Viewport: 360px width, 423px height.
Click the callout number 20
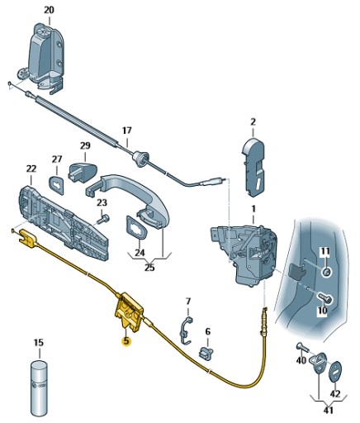coord(49,10)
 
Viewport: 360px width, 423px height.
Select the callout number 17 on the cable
coord(126,131)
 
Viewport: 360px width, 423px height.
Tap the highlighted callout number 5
coord(126,340)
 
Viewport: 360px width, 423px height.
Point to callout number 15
coord(38,342)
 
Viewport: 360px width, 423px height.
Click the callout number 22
coord(31,169)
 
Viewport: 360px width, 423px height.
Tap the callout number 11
coord(324,250)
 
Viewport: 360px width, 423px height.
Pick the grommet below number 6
coord(207,353)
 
